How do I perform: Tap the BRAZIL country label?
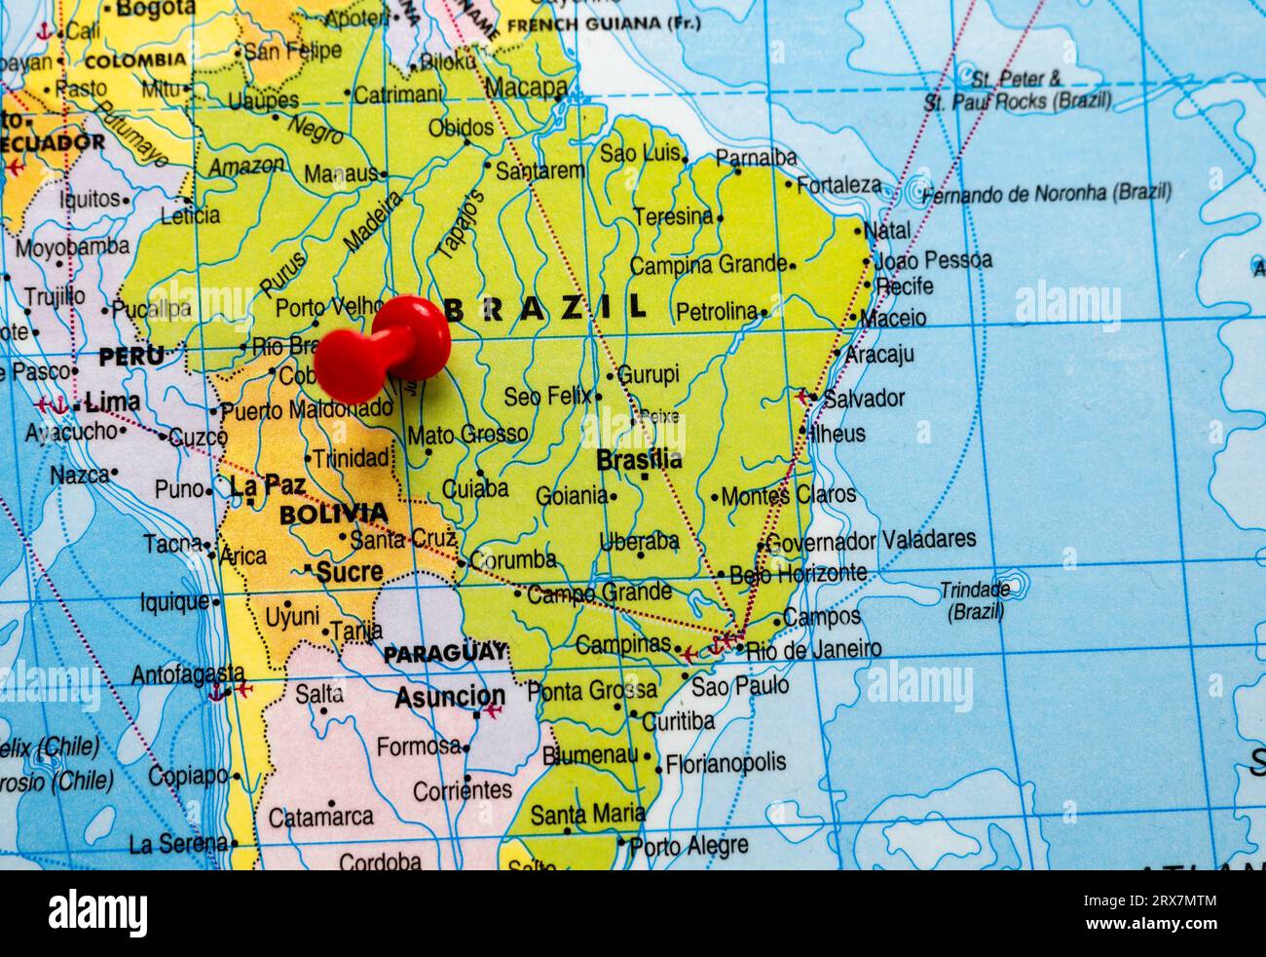point(544,308)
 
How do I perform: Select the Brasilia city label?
point(639,459)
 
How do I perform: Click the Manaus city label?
point(340,173)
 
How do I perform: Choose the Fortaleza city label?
point(838,185)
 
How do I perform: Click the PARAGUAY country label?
point(444,653)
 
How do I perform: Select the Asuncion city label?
point(449,697)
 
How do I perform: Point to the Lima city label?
point(112,402)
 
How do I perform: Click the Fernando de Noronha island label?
point(1046,193)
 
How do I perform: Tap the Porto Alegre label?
point(689,845)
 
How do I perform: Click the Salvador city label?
point(864,398)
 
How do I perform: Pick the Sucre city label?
point(349,572)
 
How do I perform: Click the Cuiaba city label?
point(474,488)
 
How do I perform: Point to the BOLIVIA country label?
point(333,514)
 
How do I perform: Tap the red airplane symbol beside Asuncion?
point(492,712)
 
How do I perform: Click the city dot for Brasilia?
point(644,477)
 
